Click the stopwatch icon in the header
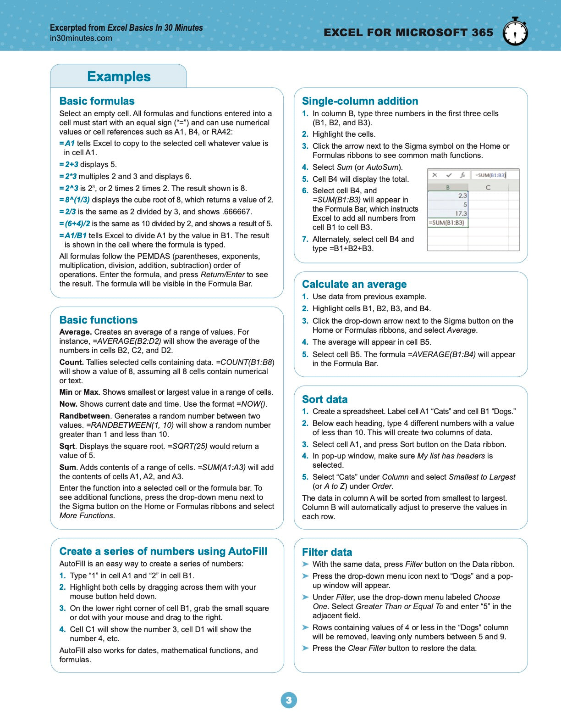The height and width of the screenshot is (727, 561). click(515, 32)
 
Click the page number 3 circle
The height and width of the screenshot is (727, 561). click(289, 700)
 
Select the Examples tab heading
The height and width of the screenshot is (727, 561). click(119, 77)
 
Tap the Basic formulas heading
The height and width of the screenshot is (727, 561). click(97, 101)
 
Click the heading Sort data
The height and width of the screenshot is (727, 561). click(324, 399)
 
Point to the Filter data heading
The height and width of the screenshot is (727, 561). click(327, 552)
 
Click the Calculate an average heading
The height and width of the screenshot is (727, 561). click(354, 284)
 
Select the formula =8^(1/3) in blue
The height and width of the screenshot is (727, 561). click(74, 200)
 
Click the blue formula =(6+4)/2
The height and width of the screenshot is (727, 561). click(75, 224)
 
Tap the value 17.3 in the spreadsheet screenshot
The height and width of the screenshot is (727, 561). click(461, 213)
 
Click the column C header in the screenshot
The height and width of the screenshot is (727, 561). click(488, 187)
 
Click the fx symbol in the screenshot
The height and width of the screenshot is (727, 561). click(462, 175)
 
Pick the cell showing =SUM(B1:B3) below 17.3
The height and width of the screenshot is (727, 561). click(446, 223)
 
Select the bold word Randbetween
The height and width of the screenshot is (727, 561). click(84, 416)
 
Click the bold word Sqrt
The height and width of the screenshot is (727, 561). click(67, 446)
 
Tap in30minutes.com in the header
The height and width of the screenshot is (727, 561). click(81, 38)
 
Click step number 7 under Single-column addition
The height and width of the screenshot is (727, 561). click(305, 239)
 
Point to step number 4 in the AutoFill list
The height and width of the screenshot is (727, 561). click(62, 629)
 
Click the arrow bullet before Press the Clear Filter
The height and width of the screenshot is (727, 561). click(306, 648)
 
